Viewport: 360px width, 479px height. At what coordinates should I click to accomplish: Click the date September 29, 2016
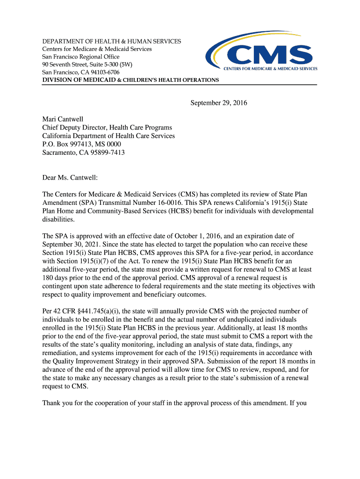coord(218,103)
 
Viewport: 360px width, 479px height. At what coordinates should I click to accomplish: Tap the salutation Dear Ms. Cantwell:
coord(71,177)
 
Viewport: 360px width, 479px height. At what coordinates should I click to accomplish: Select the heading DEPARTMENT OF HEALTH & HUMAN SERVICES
coord(112,42)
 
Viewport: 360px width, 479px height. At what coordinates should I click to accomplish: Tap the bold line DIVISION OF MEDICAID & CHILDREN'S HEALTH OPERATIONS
coord(130,80)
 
